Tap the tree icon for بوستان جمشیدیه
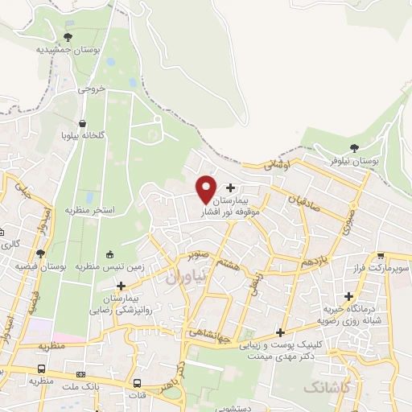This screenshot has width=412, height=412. pyautogui.click(x=68, y=36)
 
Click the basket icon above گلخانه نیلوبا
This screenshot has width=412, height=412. pyautogui.click(x=80, y=122)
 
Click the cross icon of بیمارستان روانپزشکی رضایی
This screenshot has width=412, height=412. pyautogui.click(x=121, y=285)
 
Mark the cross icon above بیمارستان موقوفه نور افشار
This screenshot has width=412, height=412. pyautogui.click(x=231, y=187)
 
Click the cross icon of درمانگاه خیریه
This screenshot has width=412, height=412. pyautogui.click(x=350, y=296)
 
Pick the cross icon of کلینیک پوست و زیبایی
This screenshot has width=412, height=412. pyautogui.click(x=280, y=332)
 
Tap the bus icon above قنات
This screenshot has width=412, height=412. pyautogui.click(x=138, y=383)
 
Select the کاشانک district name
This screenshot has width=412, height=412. pyautogui.click(x=327, y=388)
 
